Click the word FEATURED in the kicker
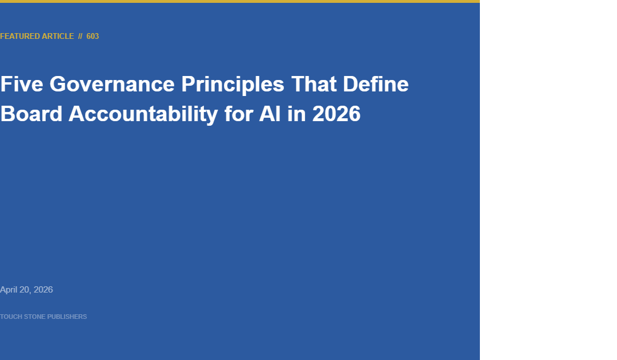pyautogui.click(x=19, y=36)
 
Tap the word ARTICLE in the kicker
pyautogui.click(x=58, y=36)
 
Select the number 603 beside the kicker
pyautogui.click(x=93, y=36)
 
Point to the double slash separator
pyautogui.click(x=81, y=36)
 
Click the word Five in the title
pyautogui.click(x=22, y=84)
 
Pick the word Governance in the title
pyautogui.click(x=112, y=84)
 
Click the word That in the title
pyautogui.click(x=314, y=84)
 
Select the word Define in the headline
pyautogui.click(x=376, y=84)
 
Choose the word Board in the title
pyautogui.click(x=31, y=114)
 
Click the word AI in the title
pyautogui.click(x=270, y=114)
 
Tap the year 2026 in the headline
pyautogui.click(x=336, y=114)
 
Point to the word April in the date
pyautogui.click(x=9, y=290)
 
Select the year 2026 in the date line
pyautogui.click(x=43, y=290)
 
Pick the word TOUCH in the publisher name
pyautogui.click(x=11, y=317)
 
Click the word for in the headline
pyautogui.click(x=238, y=114)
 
